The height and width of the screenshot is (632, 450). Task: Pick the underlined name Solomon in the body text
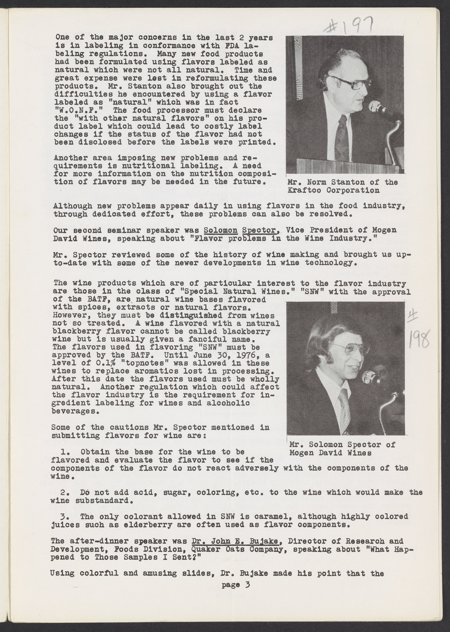(x=221, y=230)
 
